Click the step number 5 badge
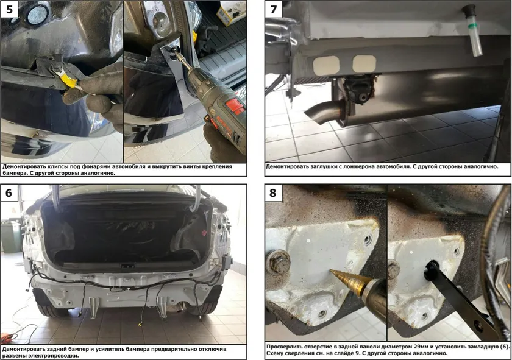[x=9, y=9]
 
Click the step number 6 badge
[x=9, y=193]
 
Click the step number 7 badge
[x=274, y=9]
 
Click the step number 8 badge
[x=273, y=193]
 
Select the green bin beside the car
[x=10, y=236]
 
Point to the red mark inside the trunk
[x=204, y=233]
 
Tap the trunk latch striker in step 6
[x=127, y=266]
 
